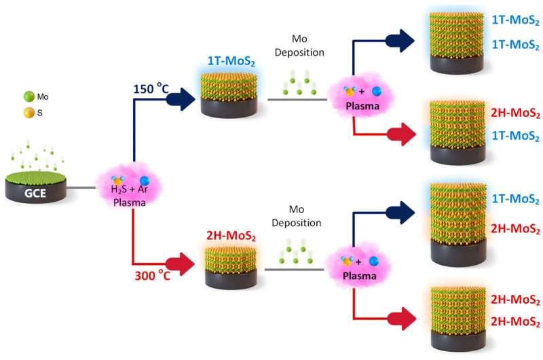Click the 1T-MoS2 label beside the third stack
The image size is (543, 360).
[x=514, y=198]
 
